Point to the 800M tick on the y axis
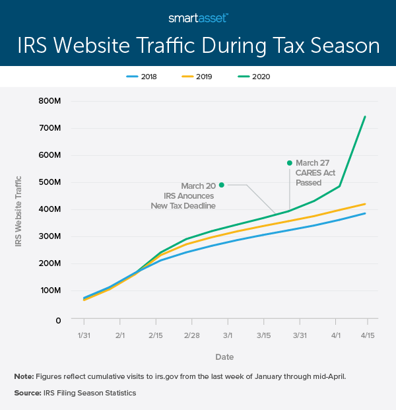50,101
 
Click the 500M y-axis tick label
50,182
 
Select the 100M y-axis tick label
50,290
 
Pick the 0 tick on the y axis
58,320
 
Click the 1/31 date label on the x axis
84,336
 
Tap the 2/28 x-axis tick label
192,336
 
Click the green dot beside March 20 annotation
222,185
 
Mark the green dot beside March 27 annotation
289,162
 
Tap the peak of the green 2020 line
365,117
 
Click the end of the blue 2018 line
365,213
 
